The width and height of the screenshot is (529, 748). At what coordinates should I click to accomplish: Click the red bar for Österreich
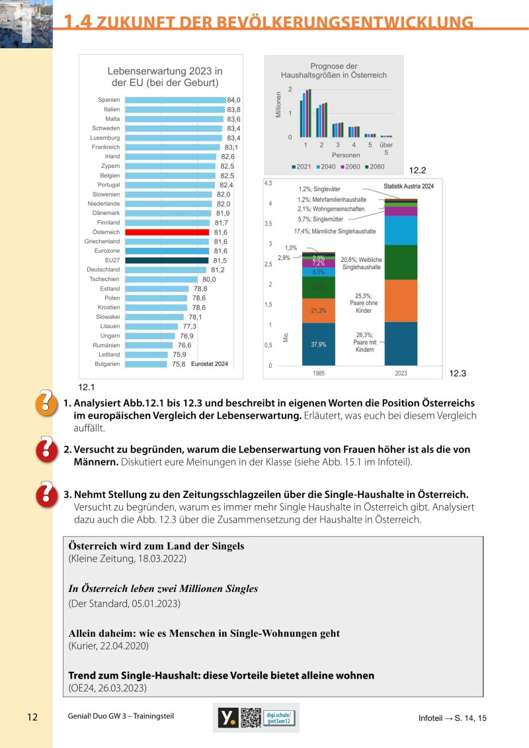[167, 233]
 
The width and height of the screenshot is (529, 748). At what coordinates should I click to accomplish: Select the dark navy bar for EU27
[167, 261]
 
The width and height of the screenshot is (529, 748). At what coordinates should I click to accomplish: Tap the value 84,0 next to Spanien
[233, 100]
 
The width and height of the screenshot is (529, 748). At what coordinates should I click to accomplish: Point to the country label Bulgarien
[106, 364]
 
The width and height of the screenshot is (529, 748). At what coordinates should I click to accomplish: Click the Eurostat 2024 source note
[209, 364]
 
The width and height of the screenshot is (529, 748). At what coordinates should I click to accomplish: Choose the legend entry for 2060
[348, 167]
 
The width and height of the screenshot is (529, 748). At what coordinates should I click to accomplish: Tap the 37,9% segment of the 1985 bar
[319, 345]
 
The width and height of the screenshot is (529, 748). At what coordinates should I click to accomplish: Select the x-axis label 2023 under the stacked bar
[401, 373]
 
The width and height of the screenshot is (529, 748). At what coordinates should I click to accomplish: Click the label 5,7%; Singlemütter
[321, 219]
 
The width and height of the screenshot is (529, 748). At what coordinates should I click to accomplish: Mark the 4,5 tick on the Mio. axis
[268, 183]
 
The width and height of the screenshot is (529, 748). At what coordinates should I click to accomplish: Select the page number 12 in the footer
[33, 718]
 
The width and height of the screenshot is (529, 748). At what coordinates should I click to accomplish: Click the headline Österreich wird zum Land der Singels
[157, 546]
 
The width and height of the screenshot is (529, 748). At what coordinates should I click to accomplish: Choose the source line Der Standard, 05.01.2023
[124, 604]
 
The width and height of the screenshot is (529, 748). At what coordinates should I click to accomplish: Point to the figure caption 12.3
[458, 374]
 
